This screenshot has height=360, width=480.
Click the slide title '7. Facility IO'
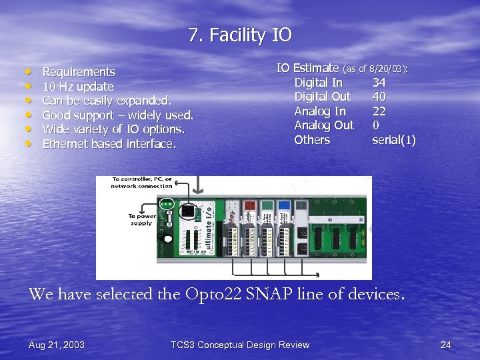pyautogui.click(x=240, y=35)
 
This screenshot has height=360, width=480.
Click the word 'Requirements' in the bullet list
pyautogui.click(x=79, y=72)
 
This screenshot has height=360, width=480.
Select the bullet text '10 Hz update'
pyautogui.click(x=78, y=87)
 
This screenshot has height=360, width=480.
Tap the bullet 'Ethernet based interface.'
pyautogui.click(x=109, y=144)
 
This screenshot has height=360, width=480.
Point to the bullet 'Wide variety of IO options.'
pyautogui.click(x=113, y=129)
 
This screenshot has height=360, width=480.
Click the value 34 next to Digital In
pyautogui.click(x=379, y=83)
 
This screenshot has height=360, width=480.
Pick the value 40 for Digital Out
pyautogui.click(x=379, y=97)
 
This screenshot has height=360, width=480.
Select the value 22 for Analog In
pyautogui.click(x=379, y=111)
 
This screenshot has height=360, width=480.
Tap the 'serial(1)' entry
pyautogui.click(x=394, y=140)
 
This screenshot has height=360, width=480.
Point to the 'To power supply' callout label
pyautogui.click(x=140, y=219)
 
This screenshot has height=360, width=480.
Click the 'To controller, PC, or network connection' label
pyautogui.click(x=141, y=183)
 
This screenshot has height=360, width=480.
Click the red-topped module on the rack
pyautogui.click(x=248, y=205)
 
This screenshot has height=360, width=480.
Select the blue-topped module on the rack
pyautogui.click(x=284, y=205)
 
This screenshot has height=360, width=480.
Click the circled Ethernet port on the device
pyautogui.click(x=188, y=211)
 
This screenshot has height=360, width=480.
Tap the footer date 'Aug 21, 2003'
pyautogui.click(x=57, y=345)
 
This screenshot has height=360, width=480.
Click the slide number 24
pyautogui.click(x=445, y=345)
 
